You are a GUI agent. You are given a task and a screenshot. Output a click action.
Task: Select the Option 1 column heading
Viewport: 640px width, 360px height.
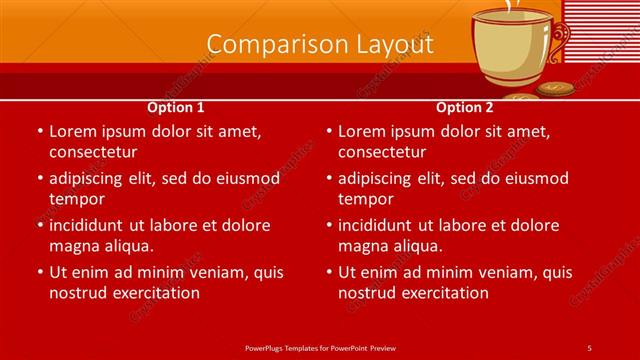click(176, 107)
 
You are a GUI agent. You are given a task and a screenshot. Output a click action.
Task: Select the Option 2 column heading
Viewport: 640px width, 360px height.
click(465, 107)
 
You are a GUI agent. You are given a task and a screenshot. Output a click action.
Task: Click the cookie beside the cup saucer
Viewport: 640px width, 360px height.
click(555, 89)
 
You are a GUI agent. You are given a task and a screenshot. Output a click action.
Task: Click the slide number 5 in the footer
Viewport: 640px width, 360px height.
click(589, 347)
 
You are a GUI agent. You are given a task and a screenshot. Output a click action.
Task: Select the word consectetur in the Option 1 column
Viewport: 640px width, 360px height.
click(93, 152)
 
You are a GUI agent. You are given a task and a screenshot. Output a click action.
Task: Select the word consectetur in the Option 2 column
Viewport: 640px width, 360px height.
click(382, 152)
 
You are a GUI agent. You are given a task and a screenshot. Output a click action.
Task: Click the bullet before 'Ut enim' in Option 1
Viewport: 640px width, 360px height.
click(39, 272)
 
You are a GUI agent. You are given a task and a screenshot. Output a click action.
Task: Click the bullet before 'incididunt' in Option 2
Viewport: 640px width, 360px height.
click(328, 225)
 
